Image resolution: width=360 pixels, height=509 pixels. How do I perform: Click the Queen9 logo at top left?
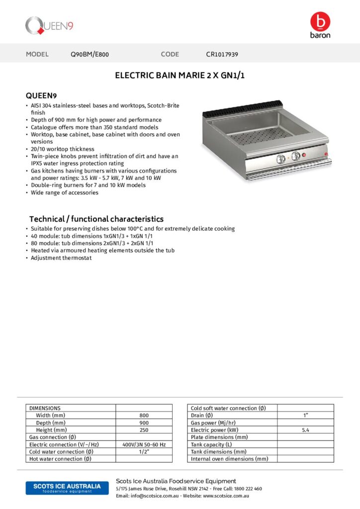(49, 25)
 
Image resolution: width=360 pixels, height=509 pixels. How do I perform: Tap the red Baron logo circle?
(320, 21)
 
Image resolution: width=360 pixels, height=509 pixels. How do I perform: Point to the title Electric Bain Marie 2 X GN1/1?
(180, 76)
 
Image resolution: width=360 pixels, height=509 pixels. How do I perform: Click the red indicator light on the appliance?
(305, 156)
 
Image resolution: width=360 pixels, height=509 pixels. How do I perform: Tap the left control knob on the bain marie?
(281, 158)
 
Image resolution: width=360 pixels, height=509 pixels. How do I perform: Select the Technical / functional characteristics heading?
(96, 219)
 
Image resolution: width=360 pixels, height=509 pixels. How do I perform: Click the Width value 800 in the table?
(144, 415)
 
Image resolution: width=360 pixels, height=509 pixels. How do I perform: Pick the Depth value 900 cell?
(144, 423)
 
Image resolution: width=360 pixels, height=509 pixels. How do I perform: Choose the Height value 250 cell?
(144, 430)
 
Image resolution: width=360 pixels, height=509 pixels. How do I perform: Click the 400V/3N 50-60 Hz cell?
(144, 444)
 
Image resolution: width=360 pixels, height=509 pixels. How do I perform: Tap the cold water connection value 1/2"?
(144, 452)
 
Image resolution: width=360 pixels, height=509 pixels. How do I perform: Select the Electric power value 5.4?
(305, 430)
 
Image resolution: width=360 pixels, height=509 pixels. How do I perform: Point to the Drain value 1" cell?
(305, 415)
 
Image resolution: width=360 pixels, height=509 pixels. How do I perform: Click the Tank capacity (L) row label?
(211, 444)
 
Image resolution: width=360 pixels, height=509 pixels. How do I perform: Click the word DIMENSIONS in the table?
(45, 408)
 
